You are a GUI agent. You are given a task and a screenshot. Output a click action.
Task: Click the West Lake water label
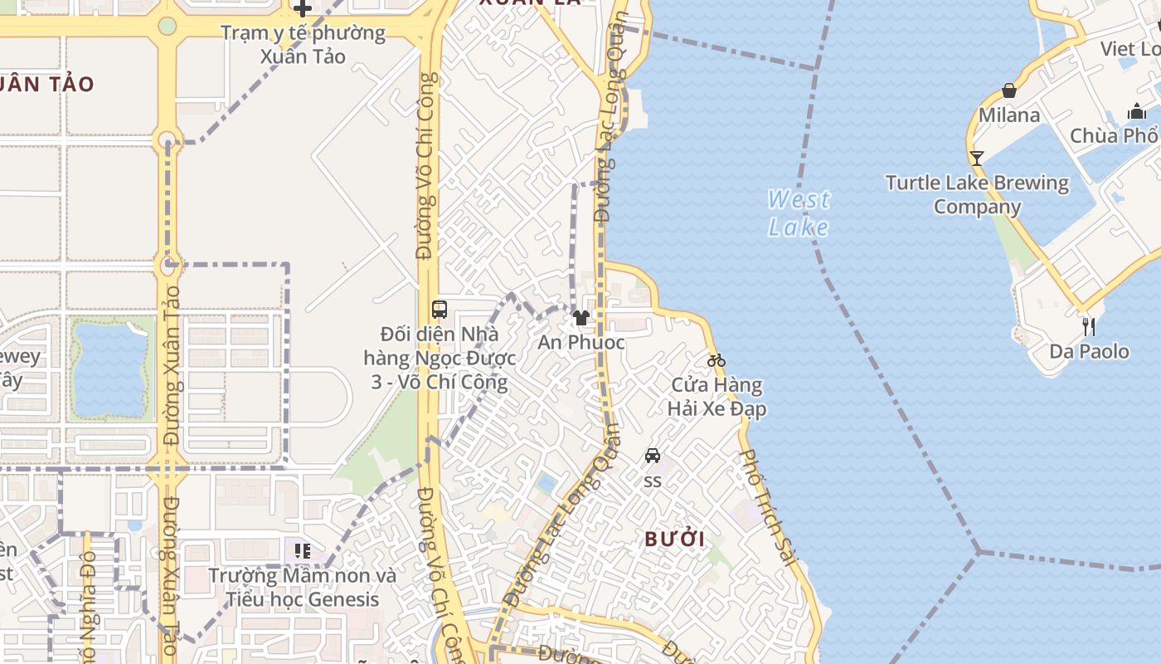point(798,213)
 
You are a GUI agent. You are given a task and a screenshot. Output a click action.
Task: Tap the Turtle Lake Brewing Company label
point(977,194)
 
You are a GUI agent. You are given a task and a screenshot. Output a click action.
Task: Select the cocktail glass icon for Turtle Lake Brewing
point(977,158)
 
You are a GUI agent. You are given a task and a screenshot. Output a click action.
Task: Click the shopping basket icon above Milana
point(1009,90)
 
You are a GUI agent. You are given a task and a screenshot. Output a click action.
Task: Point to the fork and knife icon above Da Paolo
point(1089,326)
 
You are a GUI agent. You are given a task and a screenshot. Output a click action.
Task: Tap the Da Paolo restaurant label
point(1089,351)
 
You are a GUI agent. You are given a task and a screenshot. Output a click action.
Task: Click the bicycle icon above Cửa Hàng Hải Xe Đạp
point(717,360)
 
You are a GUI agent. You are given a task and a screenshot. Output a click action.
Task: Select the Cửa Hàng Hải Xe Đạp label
point(717,397)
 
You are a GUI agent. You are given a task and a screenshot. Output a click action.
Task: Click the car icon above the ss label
point(653,456)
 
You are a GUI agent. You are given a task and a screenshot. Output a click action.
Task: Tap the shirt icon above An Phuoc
point(580,317)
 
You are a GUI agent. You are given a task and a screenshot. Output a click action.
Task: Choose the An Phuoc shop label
point(580,342)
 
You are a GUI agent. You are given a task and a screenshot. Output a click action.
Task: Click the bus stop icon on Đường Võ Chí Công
point(440,310)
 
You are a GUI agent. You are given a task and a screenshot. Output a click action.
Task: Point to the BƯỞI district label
point(675,539)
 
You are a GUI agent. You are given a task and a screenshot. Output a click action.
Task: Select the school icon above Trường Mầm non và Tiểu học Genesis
point(303,550)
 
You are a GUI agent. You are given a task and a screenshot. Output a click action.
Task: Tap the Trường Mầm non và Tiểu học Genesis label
point(303,587)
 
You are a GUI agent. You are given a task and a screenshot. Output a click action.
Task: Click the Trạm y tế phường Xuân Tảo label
point(303,45)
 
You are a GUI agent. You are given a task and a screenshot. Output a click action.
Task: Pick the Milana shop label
point(1009,115)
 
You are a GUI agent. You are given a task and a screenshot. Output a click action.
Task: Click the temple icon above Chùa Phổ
point(1135,111)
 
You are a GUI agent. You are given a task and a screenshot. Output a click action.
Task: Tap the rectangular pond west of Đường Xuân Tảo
point(110,370)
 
